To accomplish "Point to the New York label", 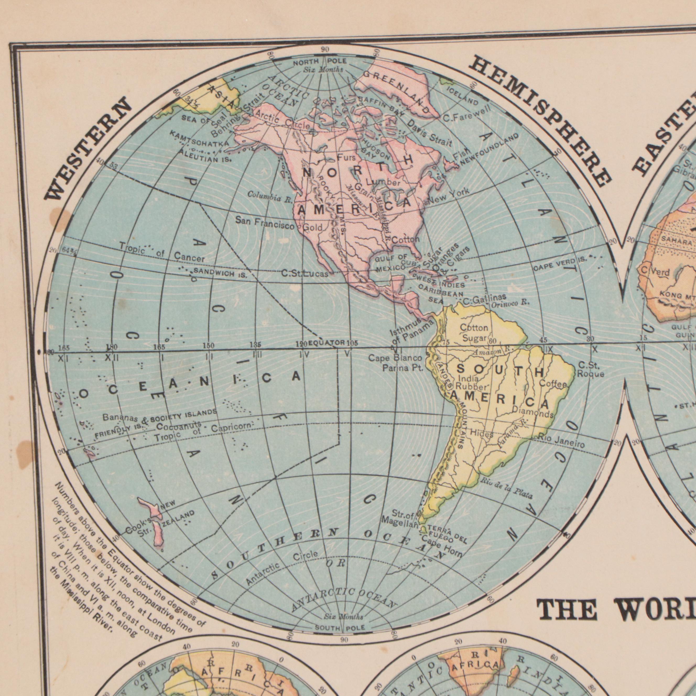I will [449, 196].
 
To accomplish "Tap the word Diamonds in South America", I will [532, 412].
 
